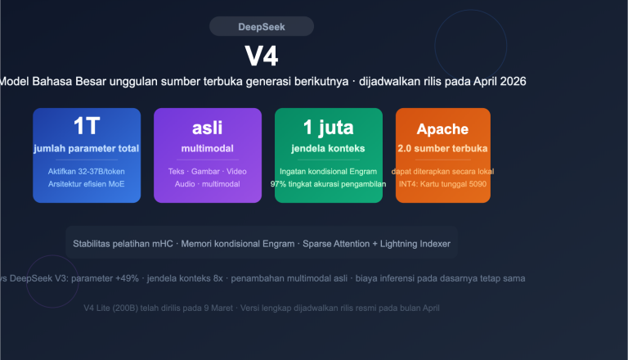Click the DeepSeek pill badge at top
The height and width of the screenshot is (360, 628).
[x=261, y=27]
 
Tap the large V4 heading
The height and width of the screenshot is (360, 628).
[x=262, y=56]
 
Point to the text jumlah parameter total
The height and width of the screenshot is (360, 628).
[x=87, y=149]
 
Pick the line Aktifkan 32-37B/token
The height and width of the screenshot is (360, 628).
[x=87, y=171]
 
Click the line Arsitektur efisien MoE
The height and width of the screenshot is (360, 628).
[x=87, y=184]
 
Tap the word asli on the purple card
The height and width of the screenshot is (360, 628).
[x=207, y=128]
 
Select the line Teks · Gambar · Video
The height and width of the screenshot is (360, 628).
[x=207, y=171]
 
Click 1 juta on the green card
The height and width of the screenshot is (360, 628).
[x=328, y=127]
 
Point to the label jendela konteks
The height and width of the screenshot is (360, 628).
[x=328, y=149]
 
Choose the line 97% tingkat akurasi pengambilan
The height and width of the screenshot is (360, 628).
[x=328, y=184]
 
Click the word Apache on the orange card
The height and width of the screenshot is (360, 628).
[x=442, y=128]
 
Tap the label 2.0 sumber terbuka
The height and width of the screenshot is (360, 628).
[x=442, y=149]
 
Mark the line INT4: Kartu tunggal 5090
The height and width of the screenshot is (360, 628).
[x=442, y=184]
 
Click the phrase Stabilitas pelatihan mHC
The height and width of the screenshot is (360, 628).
[x=123, y=244]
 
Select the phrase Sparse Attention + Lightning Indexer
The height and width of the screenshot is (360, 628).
[x=377, y=244]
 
